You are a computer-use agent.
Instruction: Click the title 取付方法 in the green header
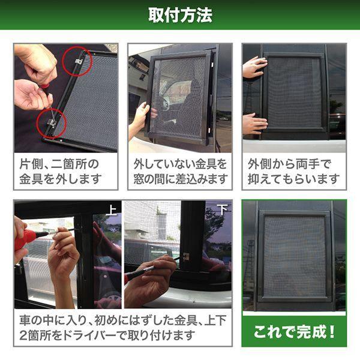pyautogui.click(x=180, y=14)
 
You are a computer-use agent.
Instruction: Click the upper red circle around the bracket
pyautogui.click(x=77, y=61)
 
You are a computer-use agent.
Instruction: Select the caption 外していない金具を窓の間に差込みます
pyautogui.click(x=180, y=171)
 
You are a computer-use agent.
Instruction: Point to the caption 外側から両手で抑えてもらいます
pyautogui.click(x=294, y=171)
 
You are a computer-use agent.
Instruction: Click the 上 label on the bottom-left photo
pyautogui.click(x=112, y=209)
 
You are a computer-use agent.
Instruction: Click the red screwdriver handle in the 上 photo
pyautogui.click(x=26, y=239)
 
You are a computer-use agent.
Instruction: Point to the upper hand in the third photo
pyautogui.click(x=254, y=67)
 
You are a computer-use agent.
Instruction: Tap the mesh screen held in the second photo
pyautogui.click(x=178, y=96)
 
